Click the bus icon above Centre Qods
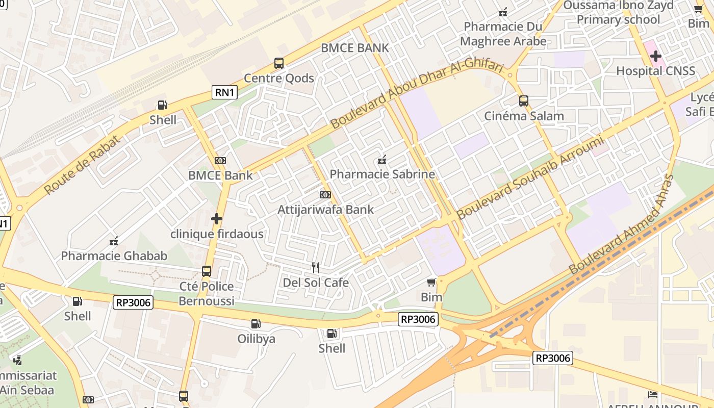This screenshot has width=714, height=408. (278, 63)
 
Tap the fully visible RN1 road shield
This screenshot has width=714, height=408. (225, 92)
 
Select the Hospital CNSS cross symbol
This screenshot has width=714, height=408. (656, 56)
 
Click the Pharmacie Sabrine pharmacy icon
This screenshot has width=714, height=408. (381, 160)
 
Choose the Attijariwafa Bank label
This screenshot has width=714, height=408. (325, 210)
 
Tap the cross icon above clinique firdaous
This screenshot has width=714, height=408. (217, 219)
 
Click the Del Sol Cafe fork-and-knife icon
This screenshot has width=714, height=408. (316, 267)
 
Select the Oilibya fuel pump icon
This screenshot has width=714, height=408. (256, 324)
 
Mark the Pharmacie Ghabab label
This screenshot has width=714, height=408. (114, 256)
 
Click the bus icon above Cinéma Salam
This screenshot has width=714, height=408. (524, 101)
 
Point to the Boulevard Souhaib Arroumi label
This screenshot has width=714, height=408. (530, 177)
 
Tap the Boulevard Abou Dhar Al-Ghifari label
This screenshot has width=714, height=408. (417, 95)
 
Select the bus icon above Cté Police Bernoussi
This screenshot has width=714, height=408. (207, 271)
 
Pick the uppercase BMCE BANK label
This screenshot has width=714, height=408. (355, 48)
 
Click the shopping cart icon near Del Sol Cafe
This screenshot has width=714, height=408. (431, 282)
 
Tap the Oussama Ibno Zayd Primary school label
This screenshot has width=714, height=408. (618, 13)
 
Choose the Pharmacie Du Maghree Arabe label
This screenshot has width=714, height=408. (503, 34)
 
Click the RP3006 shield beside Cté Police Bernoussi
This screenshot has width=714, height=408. (133, 302)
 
